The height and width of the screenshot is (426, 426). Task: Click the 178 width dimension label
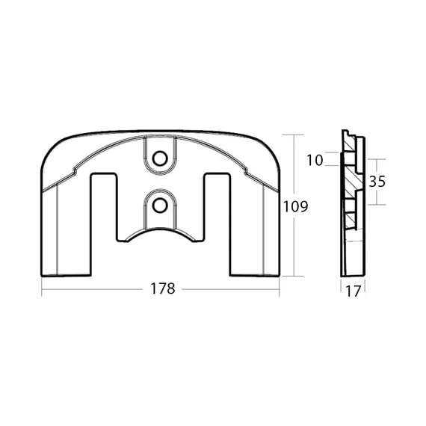pos(163,288)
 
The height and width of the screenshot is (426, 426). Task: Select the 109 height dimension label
pos(296,206)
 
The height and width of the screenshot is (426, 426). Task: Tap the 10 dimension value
pos(315,160)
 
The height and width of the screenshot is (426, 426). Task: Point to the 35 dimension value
pos(377,182)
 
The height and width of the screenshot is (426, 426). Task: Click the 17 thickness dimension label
pos(353,291)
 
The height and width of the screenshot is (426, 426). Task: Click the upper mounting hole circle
pos(160,158)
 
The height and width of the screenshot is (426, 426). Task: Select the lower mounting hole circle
pos(160,206)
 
